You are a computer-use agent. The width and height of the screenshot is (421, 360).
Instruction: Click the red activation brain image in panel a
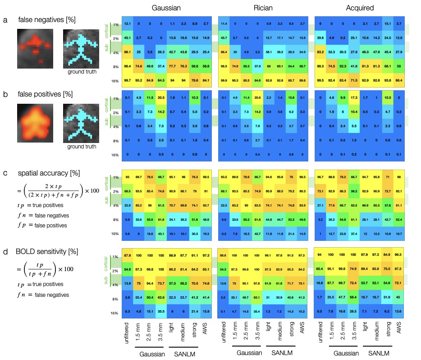click(35, 48)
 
